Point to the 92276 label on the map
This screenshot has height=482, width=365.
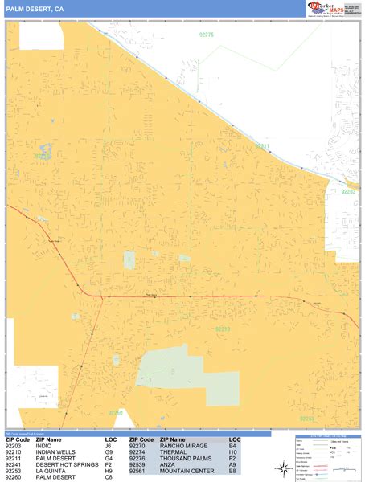pos(207,35)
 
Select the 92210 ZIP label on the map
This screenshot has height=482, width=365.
pos(223,329)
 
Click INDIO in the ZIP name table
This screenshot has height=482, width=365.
pos(46,447)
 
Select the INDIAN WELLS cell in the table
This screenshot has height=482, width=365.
pos(55,453)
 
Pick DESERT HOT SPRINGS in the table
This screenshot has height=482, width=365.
pos(66,465)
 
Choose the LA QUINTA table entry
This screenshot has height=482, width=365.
pos(51,472)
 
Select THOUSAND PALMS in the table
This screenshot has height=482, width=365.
pos(184,460)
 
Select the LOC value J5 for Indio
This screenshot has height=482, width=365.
pos(109,447)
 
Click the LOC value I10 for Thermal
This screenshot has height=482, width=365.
pos(233,453)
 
